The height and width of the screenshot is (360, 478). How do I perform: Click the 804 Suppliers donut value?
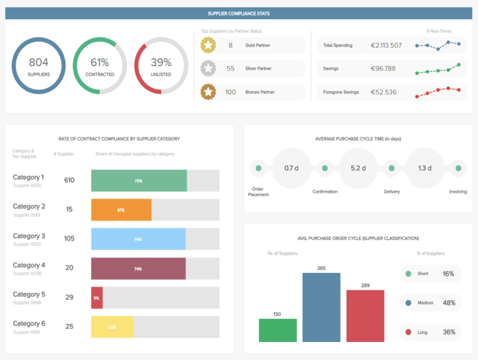coord(38,62)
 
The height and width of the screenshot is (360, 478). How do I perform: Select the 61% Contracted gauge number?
coord(100,62)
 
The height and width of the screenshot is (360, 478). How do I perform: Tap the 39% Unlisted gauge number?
coord(161,62)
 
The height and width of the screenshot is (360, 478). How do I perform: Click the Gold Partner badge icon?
coord(208,45)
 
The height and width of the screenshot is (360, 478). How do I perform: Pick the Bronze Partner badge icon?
coord(208,92)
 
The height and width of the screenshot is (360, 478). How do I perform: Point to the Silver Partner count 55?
coord(231,68)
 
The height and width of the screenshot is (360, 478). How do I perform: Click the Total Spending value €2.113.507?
coord(387,45)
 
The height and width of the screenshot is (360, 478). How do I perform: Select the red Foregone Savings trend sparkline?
coord(439,91)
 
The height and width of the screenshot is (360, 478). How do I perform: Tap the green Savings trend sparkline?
coord(439,69)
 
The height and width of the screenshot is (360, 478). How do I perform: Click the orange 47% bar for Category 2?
coord(121,210)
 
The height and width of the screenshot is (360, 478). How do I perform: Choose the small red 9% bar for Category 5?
coord(96,298)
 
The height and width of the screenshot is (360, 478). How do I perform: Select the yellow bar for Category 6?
coord(112,327)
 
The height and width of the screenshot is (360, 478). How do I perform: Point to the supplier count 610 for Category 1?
coord(69,180)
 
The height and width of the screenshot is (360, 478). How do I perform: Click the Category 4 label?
coord(29,265)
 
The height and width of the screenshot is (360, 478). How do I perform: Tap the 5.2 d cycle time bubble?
coord(358,168)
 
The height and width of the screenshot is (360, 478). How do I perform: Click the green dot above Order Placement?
coord(258,168)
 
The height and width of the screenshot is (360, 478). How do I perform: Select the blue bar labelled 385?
coord(321,307)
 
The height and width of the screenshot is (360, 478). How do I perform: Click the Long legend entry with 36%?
coord(430,332)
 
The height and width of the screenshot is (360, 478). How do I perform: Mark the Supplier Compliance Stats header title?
coord(238,13)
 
